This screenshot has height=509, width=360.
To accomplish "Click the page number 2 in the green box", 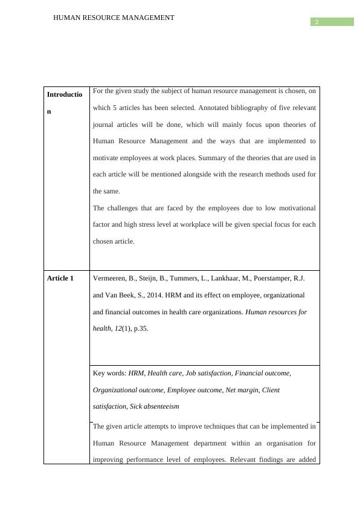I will point(316,22).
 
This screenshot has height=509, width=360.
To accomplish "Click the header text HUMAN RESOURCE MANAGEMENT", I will point(114,18).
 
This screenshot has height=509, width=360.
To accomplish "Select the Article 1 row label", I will point(60,279).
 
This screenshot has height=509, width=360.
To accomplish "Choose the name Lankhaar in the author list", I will point(227,279).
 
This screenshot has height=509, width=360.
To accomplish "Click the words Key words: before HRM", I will point(109,374).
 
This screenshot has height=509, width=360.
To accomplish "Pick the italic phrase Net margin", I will point(242,391).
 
